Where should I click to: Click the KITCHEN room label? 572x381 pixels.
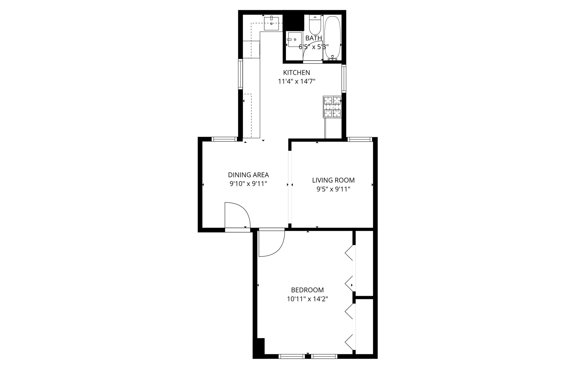296,73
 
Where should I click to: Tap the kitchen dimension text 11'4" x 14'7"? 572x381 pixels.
296,81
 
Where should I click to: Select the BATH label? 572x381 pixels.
313,38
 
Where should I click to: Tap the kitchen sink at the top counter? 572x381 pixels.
271,24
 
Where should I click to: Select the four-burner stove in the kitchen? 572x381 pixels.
332,107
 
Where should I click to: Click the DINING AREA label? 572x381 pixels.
248,175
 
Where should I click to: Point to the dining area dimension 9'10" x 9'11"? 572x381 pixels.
248,184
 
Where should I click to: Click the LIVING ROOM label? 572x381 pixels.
333,180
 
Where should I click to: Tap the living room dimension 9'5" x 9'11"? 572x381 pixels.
333,189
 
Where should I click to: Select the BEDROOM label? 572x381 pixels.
307,290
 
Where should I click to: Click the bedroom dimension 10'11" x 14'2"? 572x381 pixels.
307,299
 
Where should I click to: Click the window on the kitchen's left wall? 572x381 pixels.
240,74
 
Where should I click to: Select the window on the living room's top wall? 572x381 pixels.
360,139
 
